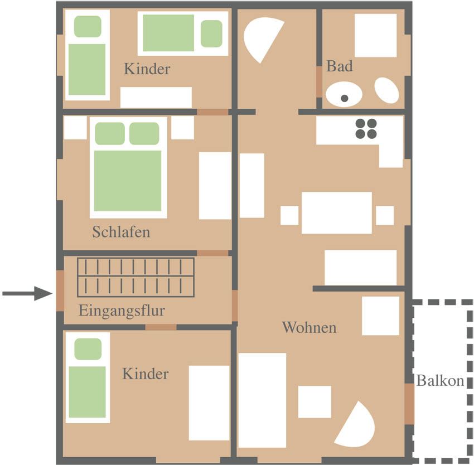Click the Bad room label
(x=339, y=66)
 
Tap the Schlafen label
(x=121, y=232)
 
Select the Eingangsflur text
(x=122, y=311)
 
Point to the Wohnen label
(x=309, y=327)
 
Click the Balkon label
(x=440, y=381)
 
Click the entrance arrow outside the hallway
(x=27, y=293)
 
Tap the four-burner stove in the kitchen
(x=366, y=129)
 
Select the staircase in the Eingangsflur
(x=136, y=277)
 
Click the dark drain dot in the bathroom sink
(x=344, y=98)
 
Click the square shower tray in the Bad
(x=375, y=35)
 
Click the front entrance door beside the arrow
(x=60, y=290)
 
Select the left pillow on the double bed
(x=110, y=133)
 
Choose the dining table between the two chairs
(x=337, y=212)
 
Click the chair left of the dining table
(x=289, y=216)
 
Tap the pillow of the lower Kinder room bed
(x=88, y=349)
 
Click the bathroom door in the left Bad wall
(x=319, y=81)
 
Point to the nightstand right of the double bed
(x=182, y=128)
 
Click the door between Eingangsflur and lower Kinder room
(x=161, y=327)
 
